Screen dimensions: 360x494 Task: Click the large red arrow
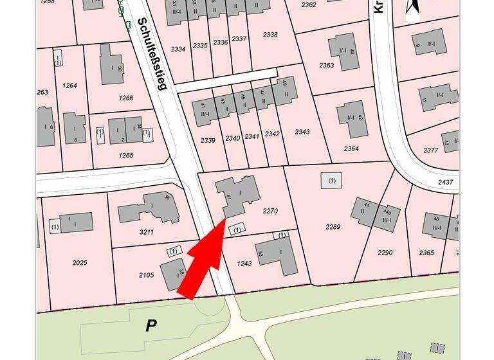[204, 261]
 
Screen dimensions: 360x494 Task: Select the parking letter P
[151, 325]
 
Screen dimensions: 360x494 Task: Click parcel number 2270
[270, 210]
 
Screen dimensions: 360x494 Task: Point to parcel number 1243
[244, 264]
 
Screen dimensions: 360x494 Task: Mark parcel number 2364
[351, 148]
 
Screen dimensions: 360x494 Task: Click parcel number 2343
[302, 132]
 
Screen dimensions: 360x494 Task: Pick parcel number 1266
[125, 98]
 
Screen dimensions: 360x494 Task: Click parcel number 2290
[385, 253]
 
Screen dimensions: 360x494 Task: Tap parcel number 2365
[426, 253]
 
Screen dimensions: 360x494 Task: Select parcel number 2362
[309, 5]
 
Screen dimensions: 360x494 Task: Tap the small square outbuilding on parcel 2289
[331, 181]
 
